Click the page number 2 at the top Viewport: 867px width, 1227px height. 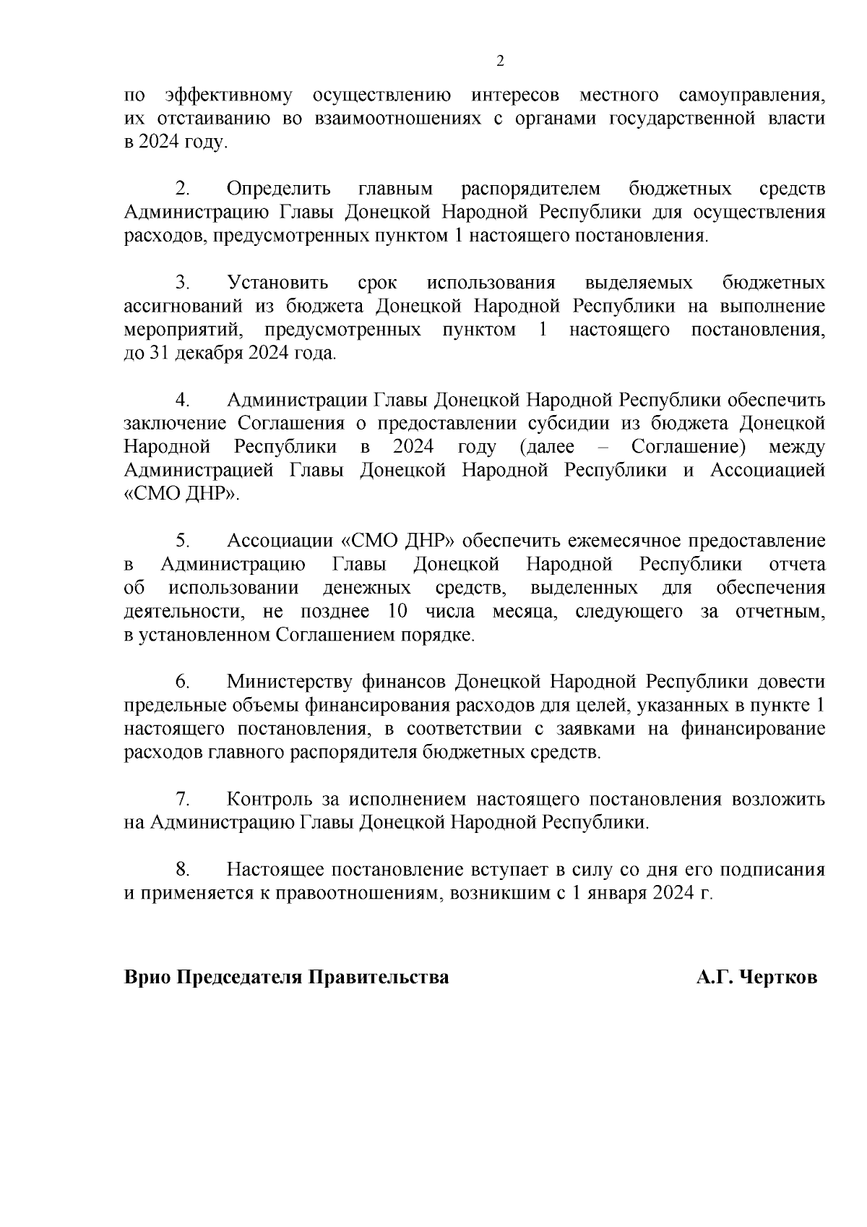click(500, 61)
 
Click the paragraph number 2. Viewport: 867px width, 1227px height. click(183, 189)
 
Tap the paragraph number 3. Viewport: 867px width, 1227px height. click(183, 283)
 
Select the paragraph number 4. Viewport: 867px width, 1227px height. click(183, 400)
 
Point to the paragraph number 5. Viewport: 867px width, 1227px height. click(183, 541)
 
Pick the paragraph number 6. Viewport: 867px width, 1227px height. click(183, 682)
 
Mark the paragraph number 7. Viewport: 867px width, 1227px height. click(183, 799)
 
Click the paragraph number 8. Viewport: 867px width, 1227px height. click(183, 870)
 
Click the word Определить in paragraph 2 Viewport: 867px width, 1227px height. click(278, 189)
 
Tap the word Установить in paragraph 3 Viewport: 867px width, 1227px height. click(277, 283)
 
